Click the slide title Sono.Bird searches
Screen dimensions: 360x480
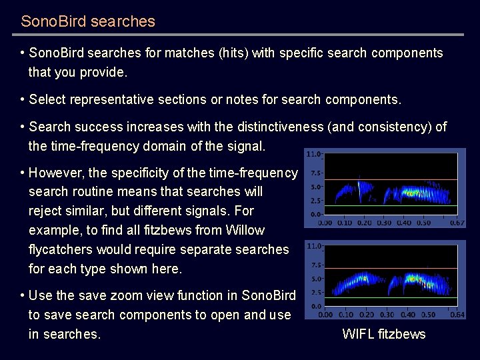88,21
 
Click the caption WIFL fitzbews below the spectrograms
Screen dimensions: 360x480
383,334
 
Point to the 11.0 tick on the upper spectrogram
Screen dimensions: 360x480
312,154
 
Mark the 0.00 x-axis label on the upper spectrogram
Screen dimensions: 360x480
327,223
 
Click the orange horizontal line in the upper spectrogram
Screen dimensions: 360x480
390,179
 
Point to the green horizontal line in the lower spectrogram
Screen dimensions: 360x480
390,297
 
